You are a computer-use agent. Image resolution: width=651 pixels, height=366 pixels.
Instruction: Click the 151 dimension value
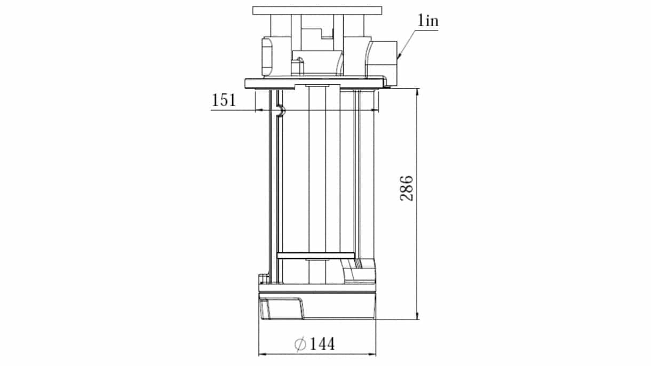point(224,100)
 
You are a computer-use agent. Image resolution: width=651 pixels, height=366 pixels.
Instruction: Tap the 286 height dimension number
point(406,188)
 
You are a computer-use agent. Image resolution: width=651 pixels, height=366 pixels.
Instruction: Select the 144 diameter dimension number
point(322,344)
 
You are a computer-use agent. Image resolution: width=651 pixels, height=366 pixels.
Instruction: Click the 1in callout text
point(428,21)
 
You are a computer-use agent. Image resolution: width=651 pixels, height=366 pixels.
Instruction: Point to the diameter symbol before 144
point(300,344)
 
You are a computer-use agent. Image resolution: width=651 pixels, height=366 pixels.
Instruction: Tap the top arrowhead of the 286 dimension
point(418,92)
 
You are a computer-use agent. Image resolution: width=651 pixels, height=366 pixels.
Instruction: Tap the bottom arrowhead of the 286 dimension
point(418,316)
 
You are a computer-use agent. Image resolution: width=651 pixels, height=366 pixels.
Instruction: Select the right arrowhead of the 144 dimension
point(372,354)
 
